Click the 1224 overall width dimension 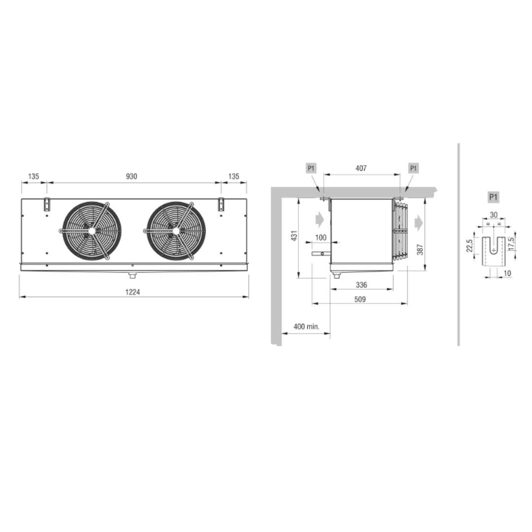[x=133, y=292]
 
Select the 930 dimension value [x=132, y=176]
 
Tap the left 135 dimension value [x=33, y=176]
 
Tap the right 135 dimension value [x=234, y=176]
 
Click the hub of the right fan [x=176, y=231]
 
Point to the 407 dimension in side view [x=361, y=168]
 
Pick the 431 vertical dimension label [x=294, y=235]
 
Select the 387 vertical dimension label [x=420, y=249]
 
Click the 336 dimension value [x=362, y=285]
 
